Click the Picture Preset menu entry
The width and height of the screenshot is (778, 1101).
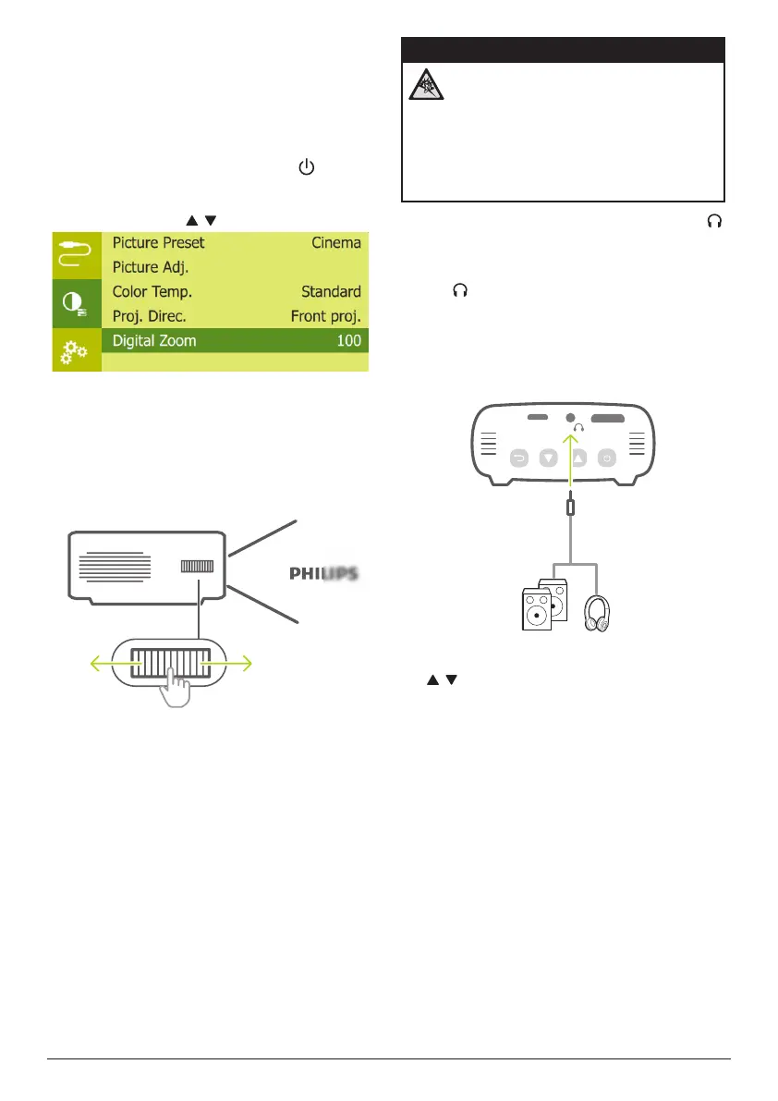(158, 243)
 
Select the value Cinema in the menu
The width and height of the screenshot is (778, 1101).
(335, 243)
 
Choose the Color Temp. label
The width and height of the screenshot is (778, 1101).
(152, 291)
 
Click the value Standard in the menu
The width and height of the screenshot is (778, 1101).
(331, 291)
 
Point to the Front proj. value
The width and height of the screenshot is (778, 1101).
(325, 315)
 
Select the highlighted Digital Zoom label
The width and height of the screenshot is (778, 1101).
(154, 340)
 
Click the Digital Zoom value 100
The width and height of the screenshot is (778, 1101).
(348, 340)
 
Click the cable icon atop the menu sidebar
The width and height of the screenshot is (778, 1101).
(74, 252)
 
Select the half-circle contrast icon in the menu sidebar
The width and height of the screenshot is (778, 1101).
(74, 302)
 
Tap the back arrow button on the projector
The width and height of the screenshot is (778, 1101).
(519, 457)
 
